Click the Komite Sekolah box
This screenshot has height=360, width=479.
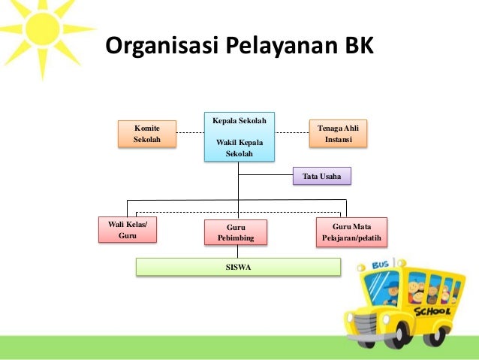click(146, 135)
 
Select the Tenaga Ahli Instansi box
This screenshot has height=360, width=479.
click(337, 135)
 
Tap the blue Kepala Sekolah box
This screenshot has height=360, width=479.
click(239, 137)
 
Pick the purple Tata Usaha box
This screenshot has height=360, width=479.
click(321, 176)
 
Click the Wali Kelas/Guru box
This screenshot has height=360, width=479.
click(128, 230)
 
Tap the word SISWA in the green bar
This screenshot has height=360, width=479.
click(238, 267)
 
